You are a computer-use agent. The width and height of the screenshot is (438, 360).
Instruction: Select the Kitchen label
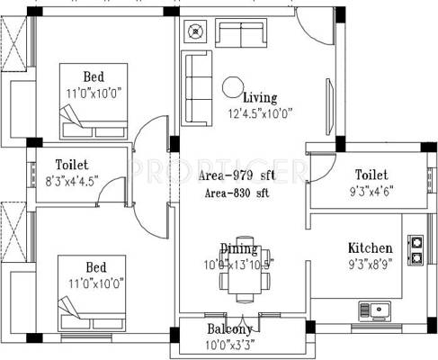tap(370, 247)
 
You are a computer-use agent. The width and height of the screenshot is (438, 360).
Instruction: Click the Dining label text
tap(239, 248)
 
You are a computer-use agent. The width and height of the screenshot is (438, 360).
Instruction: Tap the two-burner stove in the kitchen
tap(416, 250)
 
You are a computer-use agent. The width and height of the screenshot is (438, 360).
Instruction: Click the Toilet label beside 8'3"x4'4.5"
tap(71, 165)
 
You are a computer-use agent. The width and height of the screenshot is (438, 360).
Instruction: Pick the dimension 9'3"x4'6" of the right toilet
tap(370, 190)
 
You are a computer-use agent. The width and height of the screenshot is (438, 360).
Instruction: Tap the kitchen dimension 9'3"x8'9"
tap(370, 265)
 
